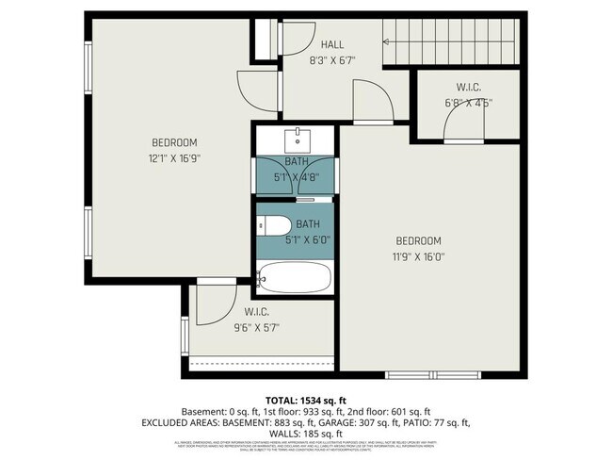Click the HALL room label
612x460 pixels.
click(x=332, y=43)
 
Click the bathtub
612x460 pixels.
click(x=295, y=278)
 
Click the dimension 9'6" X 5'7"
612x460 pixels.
click(x=257, y=327)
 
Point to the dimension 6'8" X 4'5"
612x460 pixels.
click(x=467, y=104)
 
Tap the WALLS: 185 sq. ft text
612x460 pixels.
click(x=306, y=435)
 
